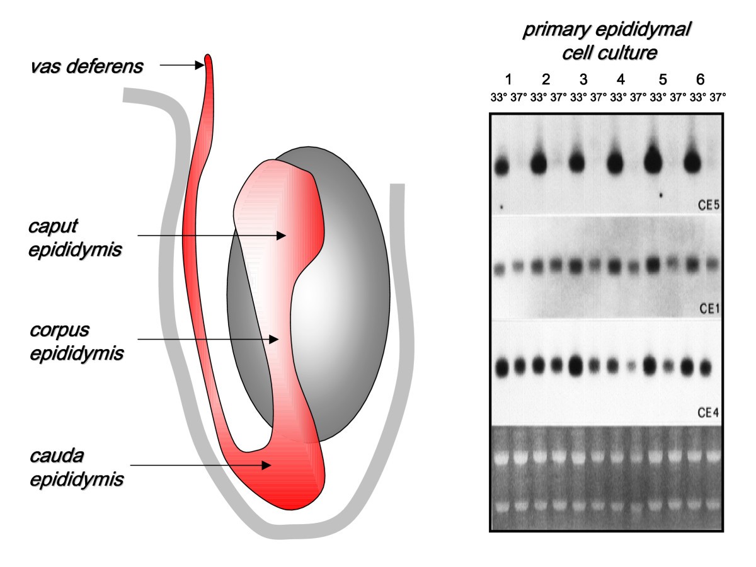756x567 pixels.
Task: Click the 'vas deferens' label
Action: tap(86, 66)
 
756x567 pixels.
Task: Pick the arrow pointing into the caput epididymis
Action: tap(208, 236)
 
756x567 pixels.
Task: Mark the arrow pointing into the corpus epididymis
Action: tap(208, 339)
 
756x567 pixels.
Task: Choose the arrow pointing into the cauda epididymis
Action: tap(204, 466)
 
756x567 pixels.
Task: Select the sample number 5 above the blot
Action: tap(662, 80)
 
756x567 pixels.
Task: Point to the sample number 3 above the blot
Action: tap(584, 80)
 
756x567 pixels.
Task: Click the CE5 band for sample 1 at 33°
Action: tap(501, 167)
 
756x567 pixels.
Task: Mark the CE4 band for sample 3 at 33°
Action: tap(576, 365)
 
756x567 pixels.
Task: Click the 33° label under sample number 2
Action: tap(538, 98)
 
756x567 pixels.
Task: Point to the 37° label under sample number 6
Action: tap(716, 98)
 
